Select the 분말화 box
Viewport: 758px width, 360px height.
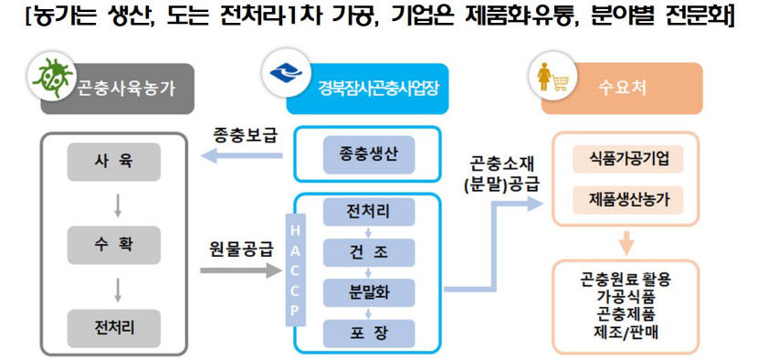click(368, 292)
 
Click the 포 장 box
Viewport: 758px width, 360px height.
click(368, 333)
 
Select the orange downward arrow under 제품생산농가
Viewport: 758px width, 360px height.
click(626, 242)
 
